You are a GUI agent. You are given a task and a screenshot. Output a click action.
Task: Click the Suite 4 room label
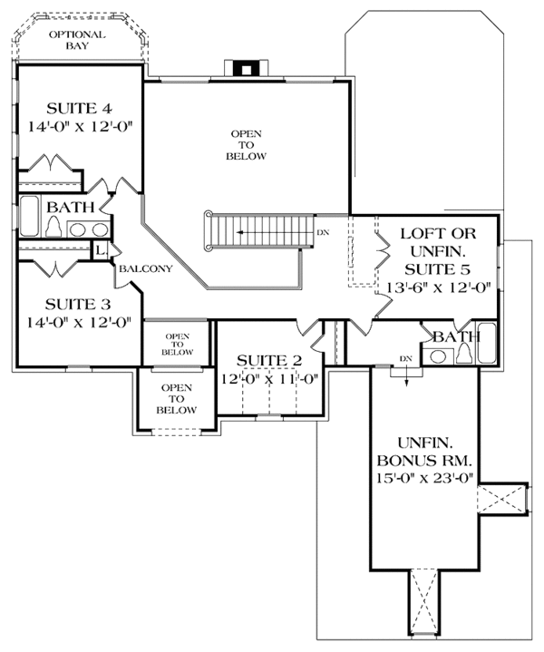click(x=79, y=109)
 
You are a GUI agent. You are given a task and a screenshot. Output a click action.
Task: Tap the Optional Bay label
click(x=77, y=40)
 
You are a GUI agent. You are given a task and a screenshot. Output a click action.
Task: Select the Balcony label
click(x=146, y=268)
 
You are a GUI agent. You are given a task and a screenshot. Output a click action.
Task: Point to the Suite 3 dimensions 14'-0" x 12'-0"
click(x=79, y=322)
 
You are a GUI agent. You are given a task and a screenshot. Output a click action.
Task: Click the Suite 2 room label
click(x=269, y=360)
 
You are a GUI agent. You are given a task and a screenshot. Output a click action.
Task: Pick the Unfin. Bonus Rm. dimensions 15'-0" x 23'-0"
click(x=425, y=478)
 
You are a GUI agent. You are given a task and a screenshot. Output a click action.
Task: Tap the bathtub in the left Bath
click(x=29, y=216)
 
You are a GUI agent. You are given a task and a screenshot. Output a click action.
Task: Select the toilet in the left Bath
click(x=53, y=227)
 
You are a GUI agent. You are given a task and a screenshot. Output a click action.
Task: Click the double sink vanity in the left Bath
click(x=89, y=229)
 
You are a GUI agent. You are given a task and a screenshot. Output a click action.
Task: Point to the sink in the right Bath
click(x=437, y=356)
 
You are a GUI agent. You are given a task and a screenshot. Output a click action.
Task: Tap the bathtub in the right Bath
click(x=486, y=343)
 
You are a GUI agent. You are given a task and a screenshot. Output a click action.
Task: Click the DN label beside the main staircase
click(x=323, y=233)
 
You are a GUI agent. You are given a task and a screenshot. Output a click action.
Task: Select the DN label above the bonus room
click(x=406, y=358)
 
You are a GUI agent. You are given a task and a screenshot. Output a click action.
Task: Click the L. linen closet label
click(x=101, y=250)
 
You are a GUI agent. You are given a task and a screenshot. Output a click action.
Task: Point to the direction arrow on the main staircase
click(x=275, y=232)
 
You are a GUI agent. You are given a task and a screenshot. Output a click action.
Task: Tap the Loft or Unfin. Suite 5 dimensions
click(x=438, y=287)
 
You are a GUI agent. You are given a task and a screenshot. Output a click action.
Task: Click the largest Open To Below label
click(x=246, y=145)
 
